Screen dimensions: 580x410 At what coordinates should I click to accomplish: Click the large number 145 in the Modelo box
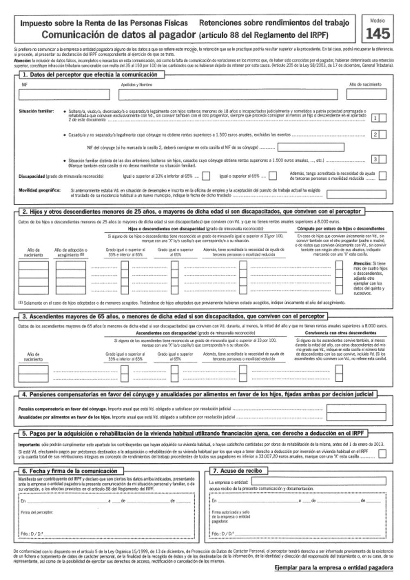[x=378, y=33]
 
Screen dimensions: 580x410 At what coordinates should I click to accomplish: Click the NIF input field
[x=64, y=94]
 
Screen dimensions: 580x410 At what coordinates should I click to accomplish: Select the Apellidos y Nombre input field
[x=228, y=94]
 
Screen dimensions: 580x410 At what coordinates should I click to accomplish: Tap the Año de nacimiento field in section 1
[x=366, y=94]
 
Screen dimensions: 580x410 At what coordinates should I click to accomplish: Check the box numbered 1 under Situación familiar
[x=383, y=118]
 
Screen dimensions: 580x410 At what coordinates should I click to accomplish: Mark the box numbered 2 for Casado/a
[x=383, y=135]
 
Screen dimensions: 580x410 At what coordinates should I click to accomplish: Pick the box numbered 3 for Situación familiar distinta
[x=383, y=159]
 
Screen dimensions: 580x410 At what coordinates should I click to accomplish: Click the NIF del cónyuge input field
[x=311, y=147]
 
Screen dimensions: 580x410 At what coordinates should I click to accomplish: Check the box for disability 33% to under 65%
[x=206, y=176]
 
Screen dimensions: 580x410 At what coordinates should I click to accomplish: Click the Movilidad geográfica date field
[x=356, y=194]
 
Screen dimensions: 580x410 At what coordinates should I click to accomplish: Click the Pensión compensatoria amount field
[x=356, y=409]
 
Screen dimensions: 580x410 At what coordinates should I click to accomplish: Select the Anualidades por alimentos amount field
[x=356, y=417]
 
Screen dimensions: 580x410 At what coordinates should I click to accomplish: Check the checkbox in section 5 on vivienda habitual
[x=382, y=454]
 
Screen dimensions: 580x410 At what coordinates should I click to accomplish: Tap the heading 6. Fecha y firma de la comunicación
[x=70, y=471]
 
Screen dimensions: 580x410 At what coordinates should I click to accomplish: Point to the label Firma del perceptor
[x=37, y=512]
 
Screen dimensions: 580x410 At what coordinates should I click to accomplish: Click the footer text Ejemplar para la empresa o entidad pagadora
[x=334, y=568]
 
